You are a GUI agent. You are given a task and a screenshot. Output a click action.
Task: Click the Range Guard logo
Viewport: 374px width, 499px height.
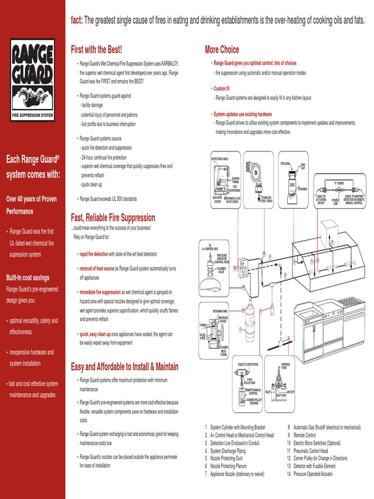(33, 79)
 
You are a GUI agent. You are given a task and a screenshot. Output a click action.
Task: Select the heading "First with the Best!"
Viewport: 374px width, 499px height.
(96, 50)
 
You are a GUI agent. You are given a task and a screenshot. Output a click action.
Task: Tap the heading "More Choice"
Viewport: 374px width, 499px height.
(222, 50)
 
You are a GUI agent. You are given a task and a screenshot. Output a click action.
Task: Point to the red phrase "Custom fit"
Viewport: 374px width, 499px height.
(221, 89)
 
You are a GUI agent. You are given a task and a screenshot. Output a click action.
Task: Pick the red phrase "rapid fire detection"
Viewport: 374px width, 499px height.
(94, 254)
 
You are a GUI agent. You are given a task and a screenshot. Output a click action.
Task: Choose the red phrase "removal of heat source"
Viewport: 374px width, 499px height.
(97, 269)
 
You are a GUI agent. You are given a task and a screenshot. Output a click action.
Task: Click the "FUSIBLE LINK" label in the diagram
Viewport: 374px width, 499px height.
(336, 200)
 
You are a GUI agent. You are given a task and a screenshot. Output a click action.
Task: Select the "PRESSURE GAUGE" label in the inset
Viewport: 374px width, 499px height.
(223, 319)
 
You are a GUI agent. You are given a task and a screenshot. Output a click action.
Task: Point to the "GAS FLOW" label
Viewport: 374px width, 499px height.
(281, 395)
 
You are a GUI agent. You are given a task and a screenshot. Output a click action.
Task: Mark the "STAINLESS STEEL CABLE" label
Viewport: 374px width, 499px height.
(266, 199)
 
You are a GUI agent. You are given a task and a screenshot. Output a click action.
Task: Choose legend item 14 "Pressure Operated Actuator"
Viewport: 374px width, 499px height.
(313, 474)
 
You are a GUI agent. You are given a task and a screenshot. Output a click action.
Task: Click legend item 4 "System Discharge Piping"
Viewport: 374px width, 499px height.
(227, 451)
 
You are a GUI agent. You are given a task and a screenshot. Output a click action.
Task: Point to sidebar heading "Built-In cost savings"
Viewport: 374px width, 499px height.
(28, 278)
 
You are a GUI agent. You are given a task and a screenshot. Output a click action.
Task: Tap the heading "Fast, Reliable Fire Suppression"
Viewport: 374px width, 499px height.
(113, 218)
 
